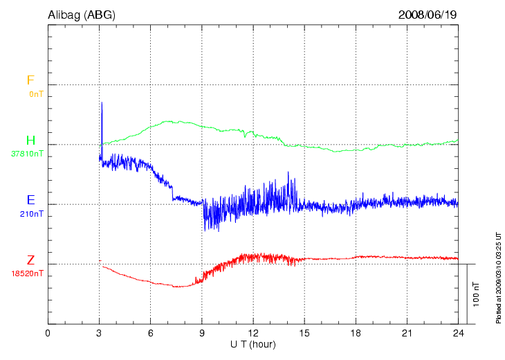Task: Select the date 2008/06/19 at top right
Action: click(428, 14)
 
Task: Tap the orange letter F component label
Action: click(30, 80)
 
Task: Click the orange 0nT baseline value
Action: click(36, 93)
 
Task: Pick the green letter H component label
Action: click(30, 141)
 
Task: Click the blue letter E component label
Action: click(30, 201)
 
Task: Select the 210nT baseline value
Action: click(32, 214)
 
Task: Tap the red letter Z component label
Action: click(30, 260)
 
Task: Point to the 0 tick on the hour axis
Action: click(48, 333)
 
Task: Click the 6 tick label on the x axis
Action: click(151, 333)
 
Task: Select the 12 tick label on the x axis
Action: click(253, 333)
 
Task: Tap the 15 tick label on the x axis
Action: click(304, 333)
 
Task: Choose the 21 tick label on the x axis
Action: click(407, 333)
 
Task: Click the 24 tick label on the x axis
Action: click(458, 333)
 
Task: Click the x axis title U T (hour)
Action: click(253, 344)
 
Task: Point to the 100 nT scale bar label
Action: click(476, 294)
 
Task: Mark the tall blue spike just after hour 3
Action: click(102, 111)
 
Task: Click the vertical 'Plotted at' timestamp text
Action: click(498, 276)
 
